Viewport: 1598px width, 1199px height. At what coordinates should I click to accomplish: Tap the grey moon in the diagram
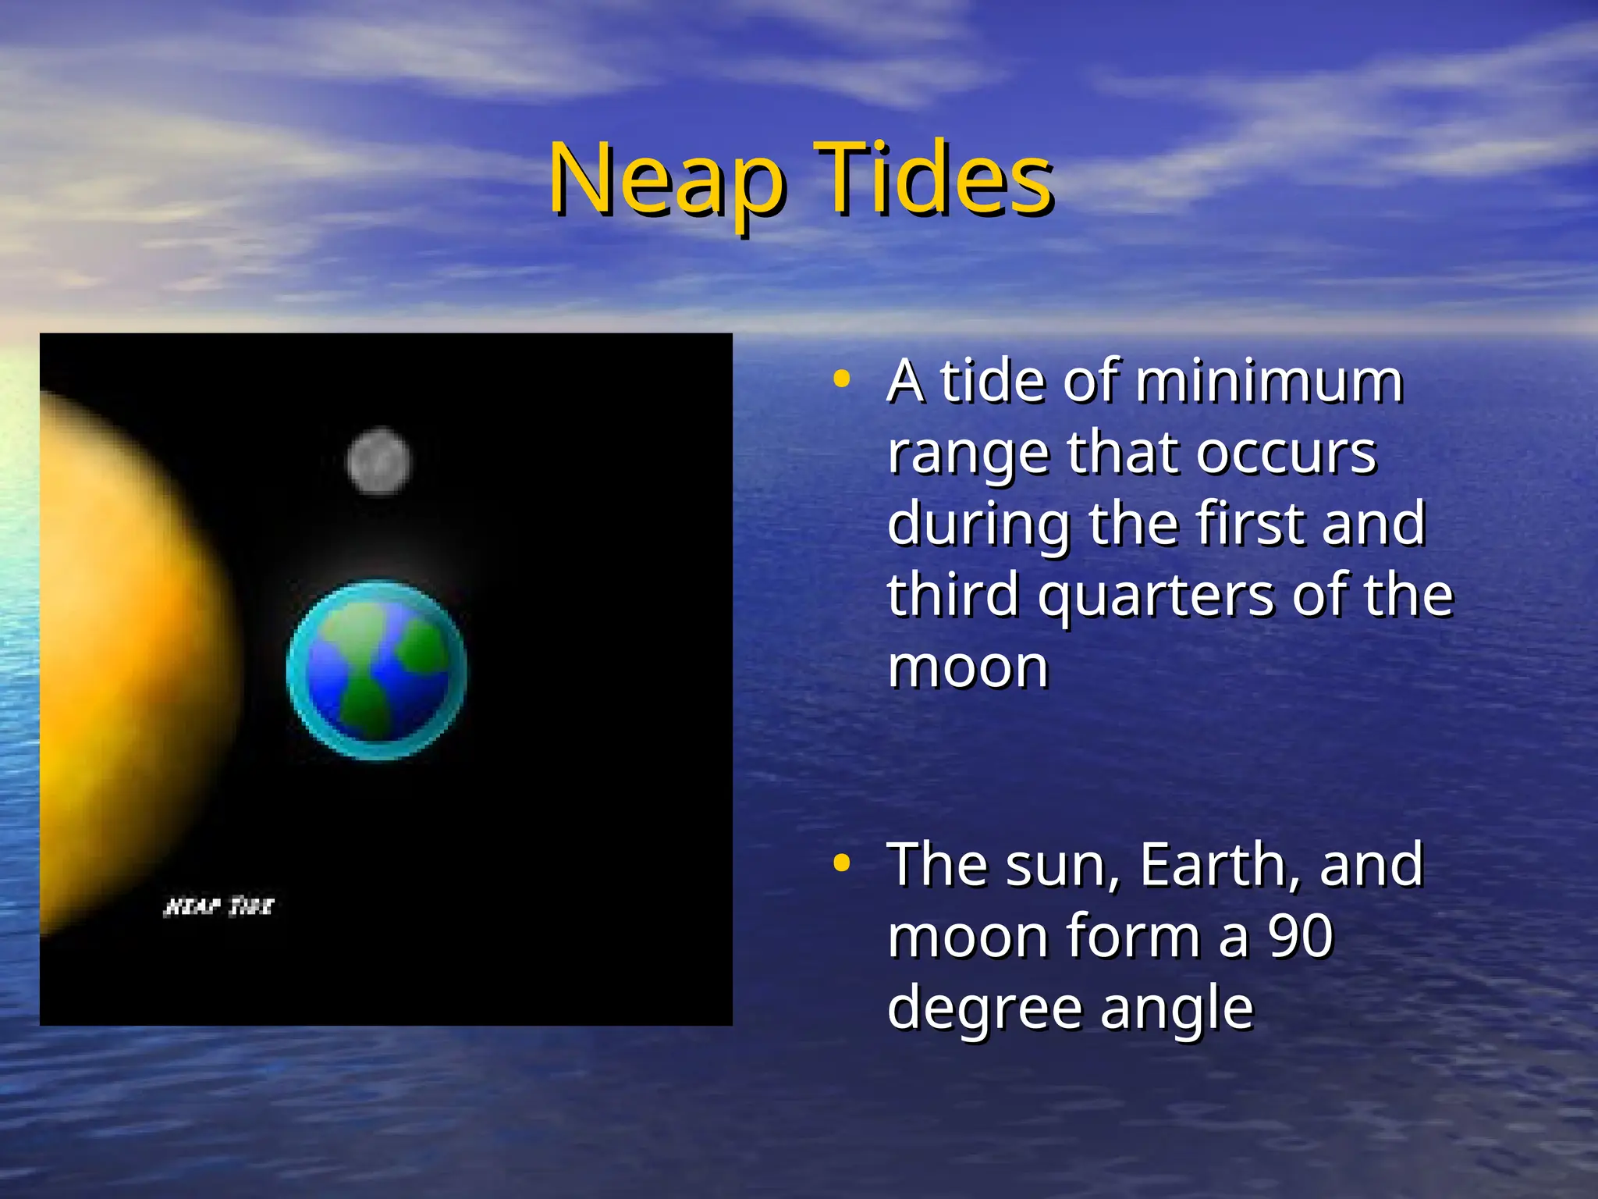[x=378, y=461]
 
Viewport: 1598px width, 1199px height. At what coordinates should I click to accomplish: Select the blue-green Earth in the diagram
[x=377, y=670]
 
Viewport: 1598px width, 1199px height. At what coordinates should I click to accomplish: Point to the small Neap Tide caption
[x=219, y=906]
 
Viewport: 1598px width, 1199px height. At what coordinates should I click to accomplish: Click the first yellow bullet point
[x=841, y=380]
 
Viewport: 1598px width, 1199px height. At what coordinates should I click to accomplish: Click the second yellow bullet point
[x=841, y=863]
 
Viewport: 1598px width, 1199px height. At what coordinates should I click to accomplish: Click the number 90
[x=1300, y=936]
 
